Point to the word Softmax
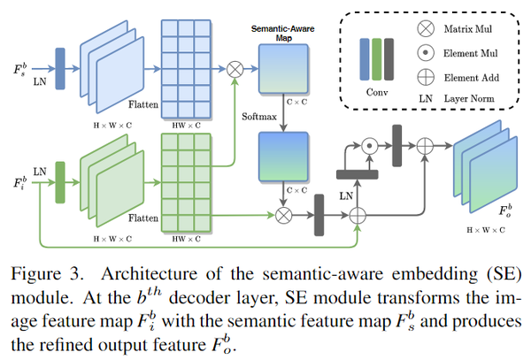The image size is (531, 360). point(260,115)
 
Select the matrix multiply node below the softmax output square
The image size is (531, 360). point(284,214)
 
